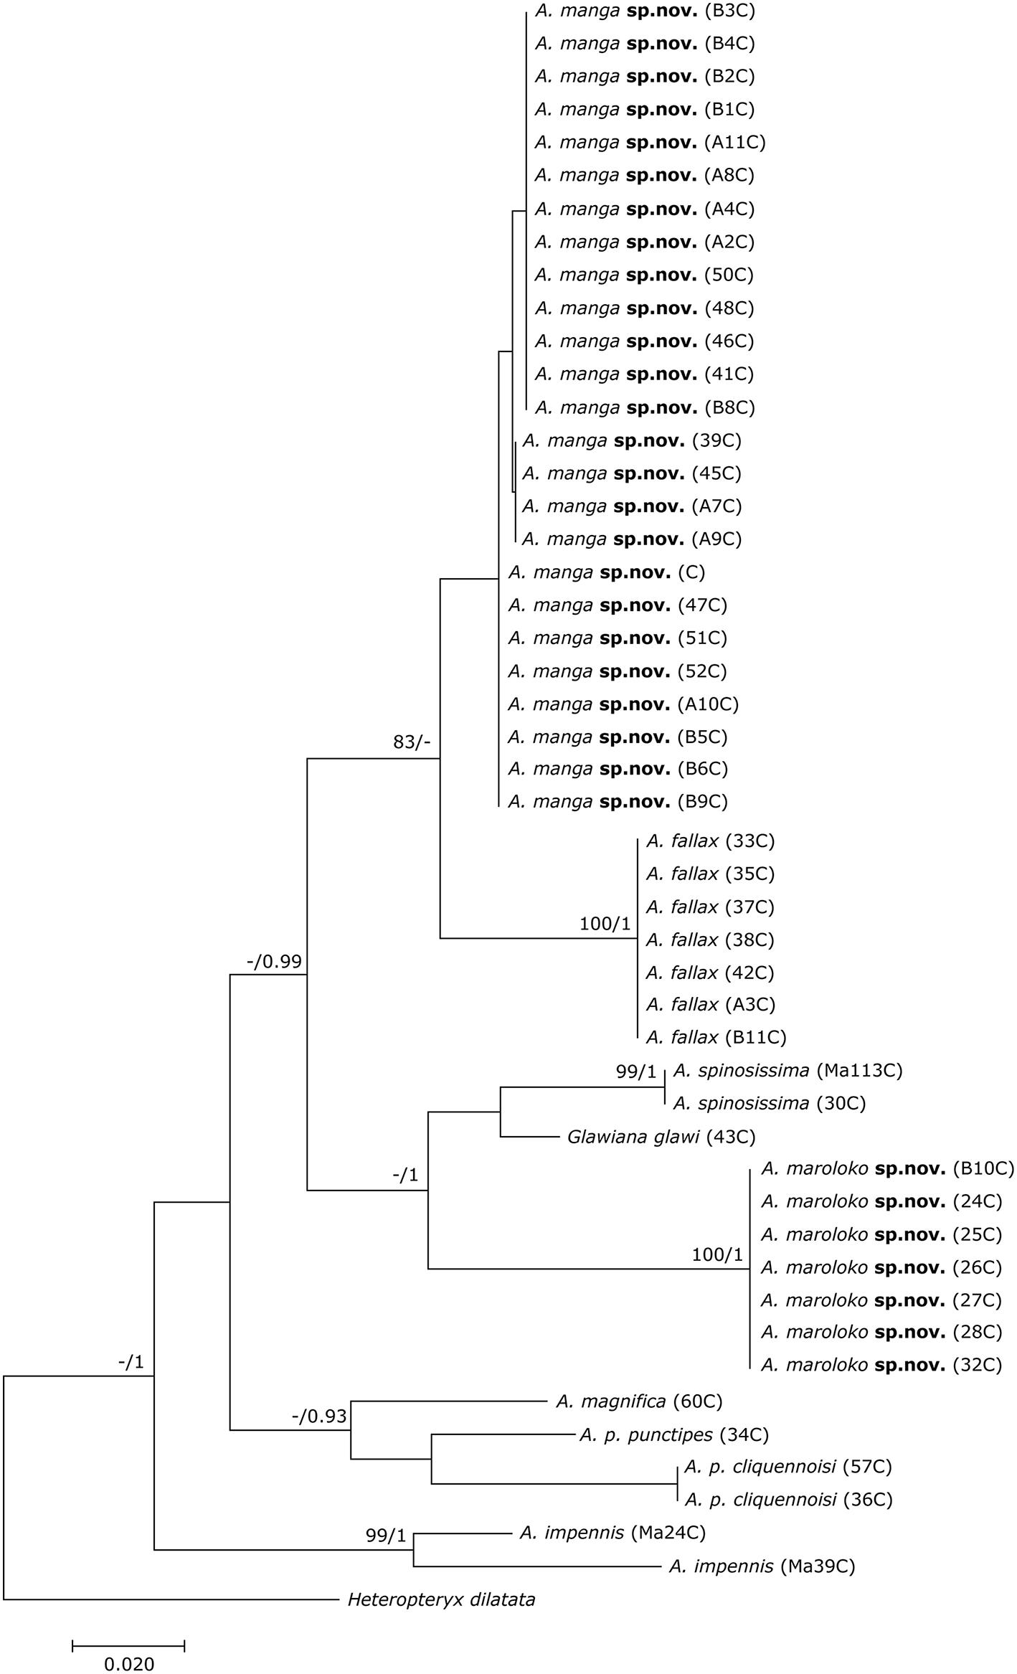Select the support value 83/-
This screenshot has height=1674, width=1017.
[412, 742]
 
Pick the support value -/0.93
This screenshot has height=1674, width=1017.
[319, 1416]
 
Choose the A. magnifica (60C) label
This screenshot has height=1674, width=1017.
[638, 1401]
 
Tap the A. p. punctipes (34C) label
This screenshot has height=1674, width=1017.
[673, 1434]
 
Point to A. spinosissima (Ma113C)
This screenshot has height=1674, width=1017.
[787, 1071]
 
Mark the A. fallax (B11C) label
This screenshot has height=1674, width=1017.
[716, 1037]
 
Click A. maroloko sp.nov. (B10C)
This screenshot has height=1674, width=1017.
[888, 1169]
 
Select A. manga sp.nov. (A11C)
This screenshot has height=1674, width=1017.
[650, 142]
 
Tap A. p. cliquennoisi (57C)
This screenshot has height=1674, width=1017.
[787, 1467]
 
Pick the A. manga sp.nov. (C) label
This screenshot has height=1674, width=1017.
[607, 572]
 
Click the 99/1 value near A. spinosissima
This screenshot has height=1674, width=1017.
[635, 1072]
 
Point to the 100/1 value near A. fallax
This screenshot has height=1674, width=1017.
[605, 925]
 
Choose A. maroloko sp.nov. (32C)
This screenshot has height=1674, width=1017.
[881, 1365]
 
